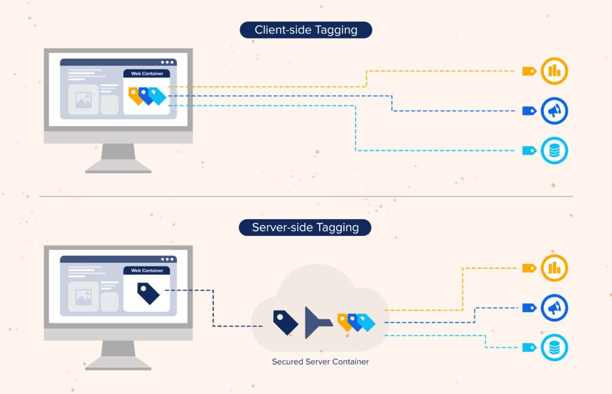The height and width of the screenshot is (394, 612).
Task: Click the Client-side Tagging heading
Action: [x=305, y=30]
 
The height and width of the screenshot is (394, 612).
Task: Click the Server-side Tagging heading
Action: [x=305, y=228]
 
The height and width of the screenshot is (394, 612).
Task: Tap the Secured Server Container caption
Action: [x=320, y=362]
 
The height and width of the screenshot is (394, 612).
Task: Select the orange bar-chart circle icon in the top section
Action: [x=554, y=71]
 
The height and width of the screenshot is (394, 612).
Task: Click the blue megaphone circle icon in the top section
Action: [x=554, y=111]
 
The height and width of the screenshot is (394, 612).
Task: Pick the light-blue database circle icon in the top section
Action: [x=554, y=150]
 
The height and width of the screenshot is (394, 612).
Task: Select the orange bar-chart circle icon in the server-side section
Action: [x=554, y=268]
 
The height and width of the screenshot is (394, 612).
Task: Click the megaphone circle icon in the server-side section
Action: [x=554, y=308]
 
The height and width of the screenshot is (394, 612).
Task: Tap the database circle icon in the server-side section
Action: [x=554, y=347]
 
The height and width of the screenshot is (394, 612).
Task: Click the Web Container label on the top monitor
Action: [x=147, y=74]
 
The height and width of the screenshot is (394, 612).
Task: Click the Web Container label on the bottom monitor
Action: [x=147, y=271]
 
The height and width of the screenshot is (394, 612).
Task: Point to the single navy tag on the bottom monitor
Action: [x=148, y=293]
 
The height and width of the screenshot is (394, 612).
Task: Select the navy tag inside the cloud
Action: [x=285, y=322]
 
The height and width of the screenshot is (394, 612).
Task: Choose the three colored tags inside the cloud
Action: [x=356, y=322]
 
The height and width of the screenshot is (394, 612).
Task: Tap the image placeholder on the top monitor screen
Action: [x=83, y=99]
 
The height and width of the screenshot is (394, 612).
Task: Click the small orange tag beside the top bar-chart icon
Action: [x=529, y=71]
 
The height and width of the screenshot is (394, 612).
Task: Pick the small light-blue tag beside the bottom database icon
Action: [x=529, y=347]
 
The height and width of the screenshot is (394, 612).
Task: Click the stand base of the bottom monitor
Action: [x=118, y=366]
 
